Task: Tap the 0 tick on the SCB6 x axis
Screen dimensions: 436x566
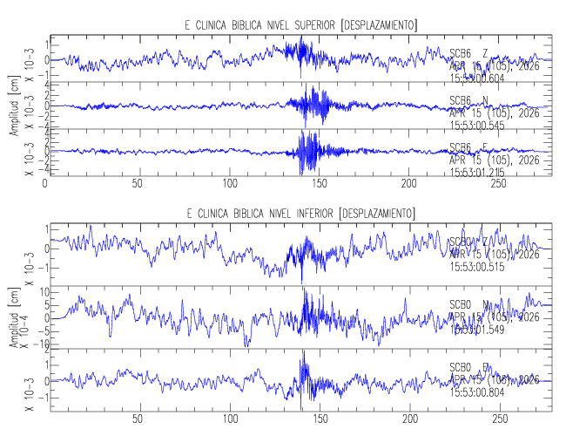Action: point(44,185)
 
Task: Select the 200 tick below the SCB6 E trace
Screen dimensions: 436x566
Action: point(408,185)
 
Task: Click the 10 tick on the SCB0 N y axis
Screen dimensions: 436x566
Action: point(37,292)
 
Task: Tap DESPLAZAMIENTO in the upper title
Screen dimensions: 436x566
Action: point(376,24)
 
